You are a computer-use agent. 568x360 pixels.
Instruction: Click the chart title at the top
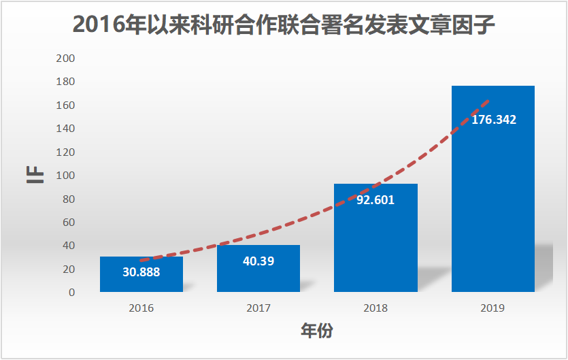click(284, 25)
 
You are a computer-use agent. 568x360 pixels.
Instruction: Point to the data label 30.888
click(141, 271)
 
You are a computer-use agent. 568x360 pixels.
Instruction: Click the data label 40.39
click(258, 261)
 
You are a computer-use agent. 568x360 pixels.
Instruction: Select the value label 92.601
click(375, 200)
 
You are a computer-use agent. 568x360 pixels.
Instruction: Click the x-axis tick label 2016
click(141, 308)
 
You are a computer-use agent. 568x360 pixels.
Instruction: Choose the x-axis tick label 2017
click(258, 308)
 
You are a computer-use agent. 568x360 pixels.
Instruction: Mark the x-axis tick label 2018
click(375, 308)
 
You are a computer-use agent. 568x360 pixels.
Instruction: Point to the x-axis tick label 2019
click(492, 308)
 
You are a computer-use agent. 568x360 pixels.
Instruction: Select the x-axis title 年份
click(317, 331)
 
